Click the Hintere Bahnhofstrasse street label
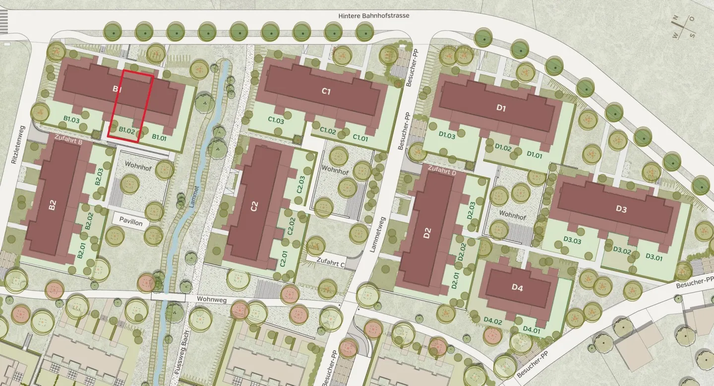click(373, 16)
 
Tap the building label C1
click(326, 91)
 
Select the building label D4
click(517, 287)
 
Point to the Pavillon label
click(130, 223)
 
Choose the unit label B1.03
click(71, 119)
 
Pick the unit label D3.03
click(572, 240)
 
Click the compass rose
click(683, 26)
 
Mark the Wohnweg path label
click(211, 299)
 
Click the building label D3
click(621, 210)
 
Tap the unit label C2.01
click(284, 259)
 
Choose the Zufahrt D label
click(441, 172)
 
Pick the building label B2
click(52, 206)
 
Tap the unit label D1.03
click(447, 135)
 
